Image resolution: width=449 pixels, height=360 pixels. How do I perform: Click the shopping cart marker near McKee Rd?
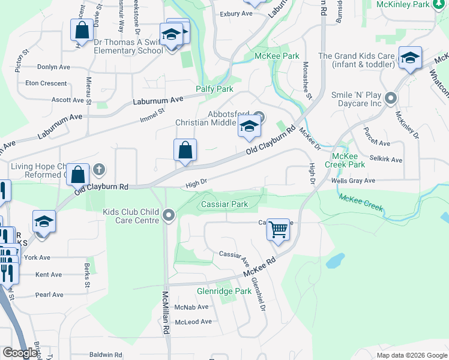coord(278,229)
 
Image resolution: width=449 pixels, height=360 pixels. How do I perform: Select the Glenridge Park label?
coord(224,292)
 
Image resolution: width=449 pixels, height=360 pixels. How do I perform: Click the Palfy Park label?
coord(214,89)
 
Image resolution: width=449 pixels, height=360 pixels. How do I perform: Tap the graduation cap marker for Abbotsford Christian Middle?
coord(249,126)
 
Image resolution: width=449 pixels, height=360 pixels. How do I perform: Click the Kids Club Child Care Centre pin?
coord(169,215)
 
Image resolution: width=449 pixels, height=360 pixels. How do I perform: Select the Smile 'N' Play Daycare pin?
coord(391,97)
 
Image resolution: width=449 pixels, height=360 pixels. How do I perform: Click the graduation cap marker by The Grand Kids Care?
coord(410,58)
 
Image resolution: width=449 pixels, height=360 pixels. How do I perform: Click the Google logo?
coord(20,353)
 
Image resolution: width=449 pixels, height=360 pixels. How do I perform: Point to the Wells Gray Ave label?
coord(353,181)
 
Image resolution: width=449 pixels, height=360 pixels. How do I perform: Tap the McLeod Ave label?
coord(193,322)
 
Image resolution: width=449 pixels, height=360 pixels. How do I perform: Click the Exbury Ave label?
coord(236,13)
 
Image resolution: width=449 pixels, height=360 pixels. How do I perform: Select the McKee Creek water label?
coord(361,202)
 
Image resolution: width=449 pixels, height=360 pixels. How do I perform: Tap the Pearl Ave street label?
coord(49,295)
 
